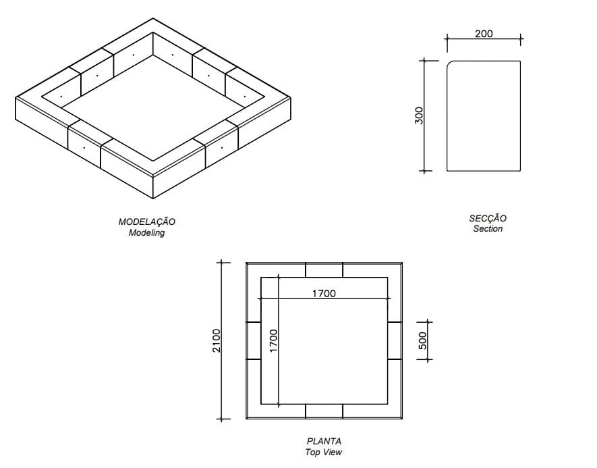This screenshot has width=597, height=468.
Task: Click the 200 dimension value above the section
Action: pyautogui.click(x=484, y=34)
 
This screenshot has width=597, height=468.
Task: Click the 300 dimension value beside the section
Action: pyautogui.click(x=418, y=116)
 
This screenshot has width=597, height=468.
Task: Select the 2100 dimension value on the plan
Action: pyautogui.click(x=216, y=340)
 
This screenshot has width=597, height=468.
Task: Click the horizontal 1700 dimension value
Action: pyautogui.click(x=324, y=293)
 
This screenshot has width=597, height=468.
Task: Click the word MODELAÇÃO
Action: pyautogui.click(x=147, y=222)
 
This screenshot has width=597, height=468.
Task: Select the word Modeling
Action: pyautogui.click(x=146, y=233)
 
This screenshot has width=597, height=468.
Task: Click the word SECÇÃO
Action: pyautogui.click(x=488, y=218)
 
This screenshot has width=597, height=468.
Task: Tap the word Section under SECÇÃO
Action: pyautogui.click(x=488, y=229)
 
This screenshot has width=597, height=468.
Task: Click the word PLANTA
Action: pyautogui.click(x=324, y=442)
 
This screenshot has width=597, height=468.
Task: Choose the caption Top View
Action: pyautogui.click(x=324, y=452)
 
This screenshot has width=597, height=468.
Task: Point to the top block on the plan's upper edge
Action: pyautogui.click(x=324, y=269)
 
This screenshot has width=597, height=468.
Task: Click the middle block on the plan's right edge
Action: pyautogui.click(x=395, y=340)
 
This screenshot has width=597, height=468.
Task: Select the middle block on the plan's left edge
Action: pyautogui.click(x=254, y=340)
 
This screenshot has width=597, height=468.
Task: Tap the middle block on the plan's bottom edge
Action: pyautogui.click(x=324, y=411)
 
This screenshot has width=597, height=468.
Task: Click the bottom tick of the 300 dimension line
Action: pyautogui.click(x=424, y=170)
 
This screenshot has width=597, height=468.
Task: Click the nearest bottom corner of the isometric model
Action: pyautogui.click(x=153, y=199)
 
